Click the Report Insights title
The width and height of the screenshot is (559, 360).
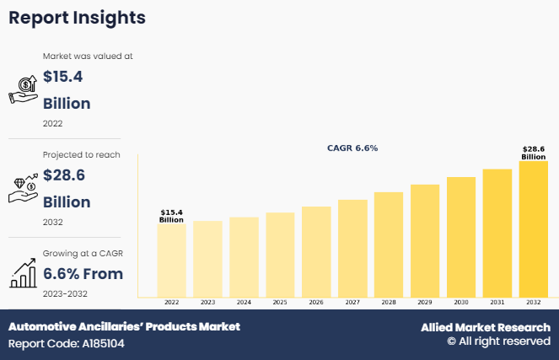click(x=77, y=18)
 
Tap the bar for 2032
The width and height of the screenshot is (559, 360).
click(x=533, y=228)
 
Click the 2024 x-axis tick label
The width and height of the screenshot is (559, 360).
click(x=244, y=302)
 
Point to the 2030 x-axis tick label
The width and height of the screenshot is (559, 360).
click(x=460, y=302)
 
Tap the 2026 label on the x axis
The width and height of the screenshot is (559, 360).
click(x=316, y=302)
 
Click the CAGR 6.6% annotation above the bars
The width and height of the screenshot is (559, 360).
click(x=352, y=148)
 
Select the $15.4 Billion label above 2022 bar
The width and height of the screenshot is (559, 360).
click(x=171, y=216)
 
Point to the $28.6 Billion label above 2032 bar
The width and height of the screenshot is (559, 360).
click(x=533, y=152)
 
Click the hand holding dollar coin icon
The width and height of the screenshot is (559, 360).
click(x=22, y=89)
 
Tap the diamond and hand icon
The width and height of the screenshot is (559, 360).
click(x=22, y=188)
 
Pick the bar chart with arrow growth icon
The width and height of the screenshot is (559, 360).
click(x=22, y=272)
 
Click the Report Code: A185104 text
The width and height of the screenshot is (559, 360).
click(x=67, y=344)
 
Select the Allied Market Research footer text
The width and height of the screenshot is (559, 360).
click(x=486, y=327)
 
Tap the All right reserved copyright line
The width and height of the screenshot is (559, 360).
click(x=498, y=341)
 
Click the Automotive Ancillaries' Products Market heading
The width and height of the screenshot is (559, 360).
click(x=124, y=326)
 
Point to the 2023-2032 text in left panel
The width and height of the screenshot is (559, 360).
click(x=65, y=293)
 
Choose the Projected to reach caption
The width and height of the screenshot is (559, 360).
click(x=81, y=155)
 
